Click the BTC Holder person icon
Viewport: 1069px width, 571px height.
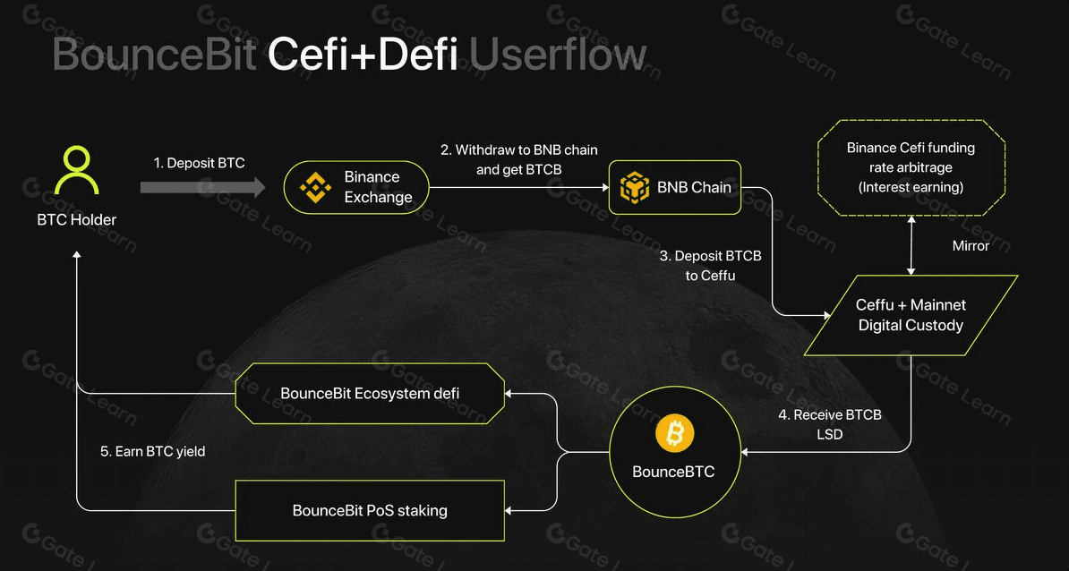tap(76, 171)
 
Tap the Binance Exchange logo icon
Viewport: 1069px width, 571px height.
tap(314, 186)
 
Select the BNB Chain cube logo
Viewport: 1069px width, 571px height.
tap(634, 187)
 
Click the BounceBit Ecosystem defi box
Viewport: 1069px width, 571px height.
tap(370, 393)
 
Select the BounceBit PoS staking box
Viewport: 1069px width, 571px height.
tap(370, 510)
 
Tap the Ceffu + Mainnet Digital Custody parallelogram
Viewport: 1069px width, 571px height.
tap(911, 315)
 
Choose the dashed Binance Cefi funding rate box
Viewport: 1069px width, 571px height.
tap(911, 167)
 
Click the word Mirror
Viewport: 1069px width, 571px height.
tap(971, 245)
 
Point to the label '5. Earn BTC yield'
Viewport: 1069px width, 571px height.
tap(152, 451)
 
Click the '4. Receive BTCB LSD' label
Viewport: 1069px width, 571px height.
tap(830, 424)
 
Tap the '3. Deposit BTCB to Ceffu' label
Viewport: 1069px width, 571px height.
tap(711, 266)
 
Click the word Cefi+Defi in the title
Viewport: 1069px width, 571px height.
tap(363, 55)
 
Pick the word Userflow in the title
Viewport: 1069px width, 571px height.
tap(557, 55)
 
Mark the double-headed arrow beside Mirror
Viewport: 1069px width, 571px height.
tap(911, 244)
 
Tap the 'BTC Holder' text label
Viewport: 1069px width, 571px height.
tap(76, 219)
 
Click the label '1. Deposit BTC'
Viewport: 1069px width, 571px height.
tap(199, 163)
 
